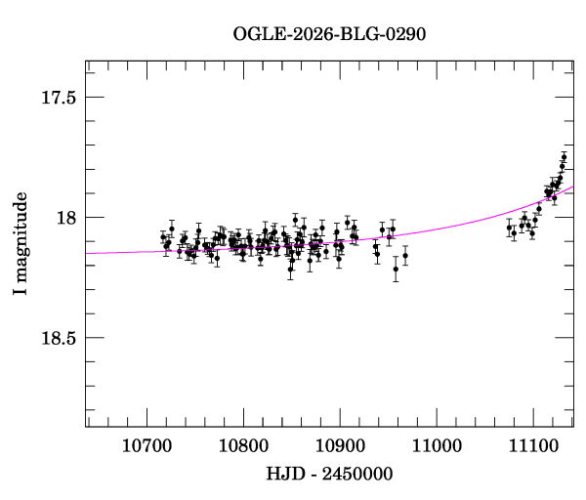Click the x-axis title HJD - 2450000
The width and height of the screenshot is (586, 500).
click(329, 474)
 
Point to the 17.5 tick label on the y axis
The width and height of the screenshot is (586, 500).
click(59, 97)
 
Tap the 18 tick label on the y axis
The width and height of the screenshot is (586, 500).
click(67, 217)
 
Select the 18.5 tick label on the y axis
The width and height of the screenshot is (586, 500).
click(59, 337)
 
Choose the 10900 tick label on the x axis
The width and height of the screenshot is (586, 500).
click(340, 445)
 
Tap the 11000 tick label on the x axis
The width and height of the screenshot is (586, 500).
click(436, 445)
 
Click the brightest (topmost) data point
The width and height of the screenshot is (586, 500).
click(564, 157)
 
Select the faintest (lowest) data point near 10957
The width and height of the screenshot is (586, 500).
click(396, 269)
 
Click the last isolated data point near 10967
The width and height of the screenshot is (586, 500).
click(405, 255)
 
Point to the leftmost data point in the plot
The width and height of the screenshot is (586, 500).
click(163, 237)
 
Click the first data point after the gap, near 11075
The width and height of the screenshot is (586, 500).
click(509, 228)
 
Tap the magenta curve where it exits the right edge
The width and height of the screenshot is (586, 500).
click(572, 187)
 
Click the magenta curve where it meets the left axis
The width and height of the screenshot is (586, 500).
click(87, 253)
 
